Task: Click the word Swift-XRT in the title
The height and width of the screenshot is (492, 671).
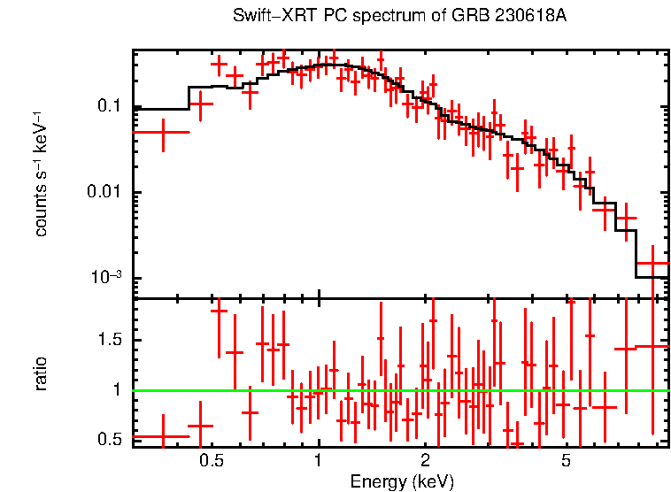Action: [x=266, y=17]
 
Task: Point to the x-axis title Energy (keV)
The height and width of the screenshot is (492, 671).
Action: [x=401, y=482]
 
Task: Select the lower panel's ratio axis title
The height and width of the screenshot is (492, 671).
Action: [x=41, y=373]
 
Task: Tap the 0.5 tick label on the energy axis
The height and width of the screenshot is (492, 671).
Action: [x=211, y=461]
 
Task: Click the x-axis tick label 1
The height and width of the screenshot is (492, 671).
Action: [x=318, y=461]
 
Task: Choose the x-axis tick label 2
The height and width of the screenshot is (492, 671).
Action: [x=425, y=461]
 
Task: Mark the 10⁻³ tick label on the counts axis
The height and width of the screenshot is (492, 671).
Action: [x=104, y=278]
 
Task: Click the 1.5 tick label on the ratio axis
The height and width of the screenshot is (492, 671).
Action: [x=109, y=340]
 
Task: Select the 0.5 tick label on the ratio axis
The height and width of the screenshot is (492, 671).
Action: [x=109, y=440]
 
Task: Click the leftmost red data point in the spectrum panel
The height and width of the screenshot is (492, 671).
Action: [x=163, y=132]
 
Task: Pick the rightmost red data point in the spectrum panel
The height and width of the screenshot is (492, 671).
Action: [x=653, y=264]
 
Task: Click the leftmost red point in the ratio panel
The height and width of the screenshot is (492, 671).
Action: [x=163, y=436]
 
